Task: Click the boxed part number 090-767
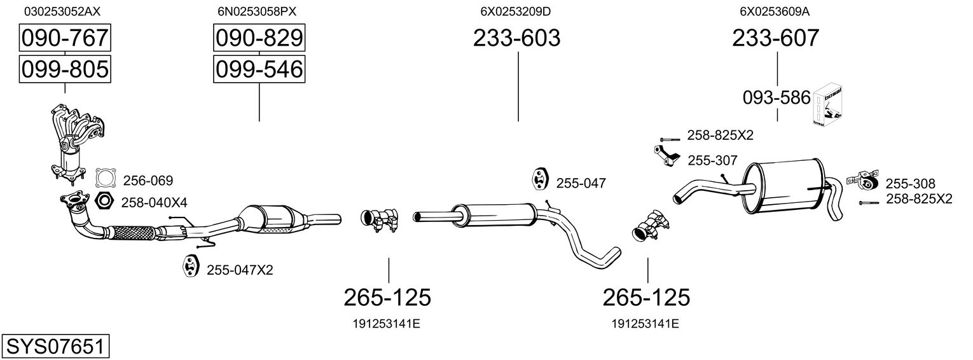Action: click(64, 39)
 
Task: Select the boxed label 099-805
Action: click(64, 69)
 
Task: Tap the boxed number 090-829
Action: click(259, 39)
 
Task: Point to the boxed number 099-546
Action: click(259, 69)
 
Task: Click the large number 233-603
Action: click(516, 38)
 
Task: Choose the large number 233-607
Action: click(776, 38)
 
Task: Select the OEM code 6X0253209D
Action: click(516, 11)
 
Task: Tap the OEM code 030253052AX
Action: click(62, 11)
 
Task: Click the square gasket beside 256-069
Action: click(106, 179)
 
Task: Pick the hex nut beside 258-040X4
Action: click(104, 202)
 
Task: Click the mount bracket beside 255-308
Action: click(863, 180)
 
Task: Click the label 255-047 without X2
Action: click(581, 183)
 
